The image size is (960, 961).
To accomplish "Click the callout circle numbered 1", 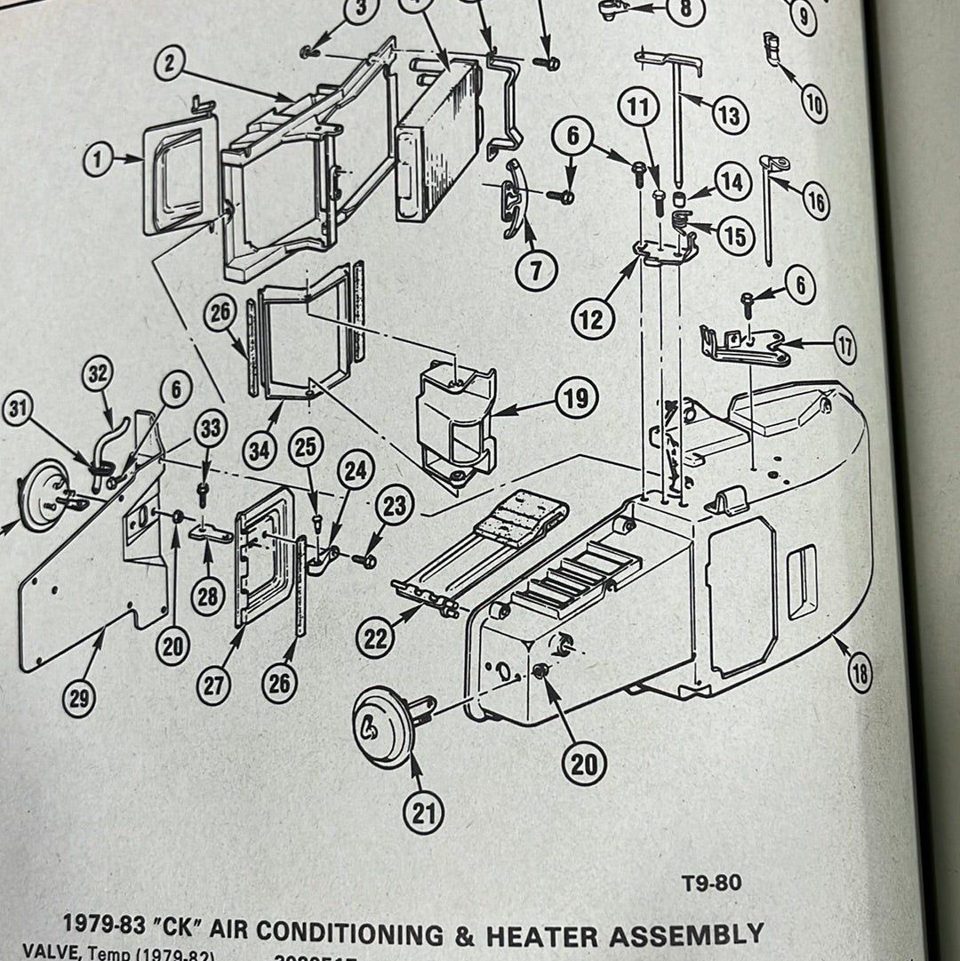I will coord(99,161).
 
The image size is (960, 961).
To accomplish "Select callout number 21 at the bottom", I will coord(423,812).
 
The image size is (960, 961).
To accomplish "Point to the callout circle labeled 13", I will coord(729,115).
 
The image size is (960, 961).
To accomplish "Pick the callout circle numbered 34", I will coord(260,450).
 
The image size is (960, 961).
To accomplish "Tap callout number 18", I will coord(859,675).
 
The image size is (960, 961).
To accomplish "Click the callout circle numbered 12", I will coord(593,317).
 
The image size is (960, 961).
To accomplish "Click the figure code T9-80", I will coord(711,884).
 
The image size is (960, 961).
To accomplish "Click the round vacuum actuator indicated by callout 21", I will coord(384,729).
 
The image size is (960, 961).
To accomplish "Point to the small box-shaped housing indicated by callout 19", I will coord(455,418).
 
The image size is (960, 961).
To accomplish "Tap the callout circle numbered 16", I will coord(814,202).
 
